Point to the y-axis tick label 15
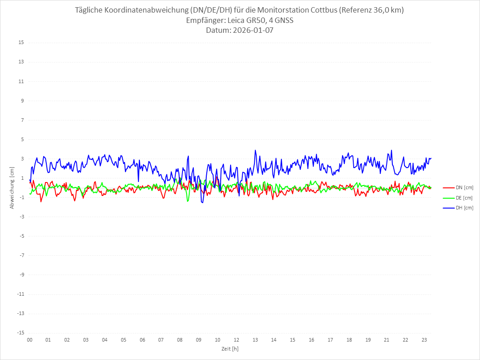pyautogui.click(x=21, y=43)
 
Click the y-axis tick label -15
pyautogui.click(x=20, y=333)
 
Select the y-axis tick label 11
pyautogui.click(x=21, y=81)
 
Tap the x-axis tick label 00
pyautogui.click(x=30, y=340)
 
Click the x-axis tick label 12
pyautogui.click(x=236, y=340)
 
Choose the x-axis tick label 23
pyautogui.click(x=424, y=340)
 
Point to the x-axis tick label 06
pyautogui.click(x=142, y=340)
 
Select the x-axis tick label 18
pyautogui.click(x=349, y=340)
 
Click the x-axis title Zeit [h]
pyautogui.click(x=230, y=349)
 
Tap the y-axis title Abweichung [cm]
pyautogui.click(x=12, y=188)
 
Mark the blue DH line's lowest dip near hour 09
pyautogui.click(x=202, y=203)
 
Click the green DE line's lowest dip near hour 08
pyautogui.click(x=187, y=201)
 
